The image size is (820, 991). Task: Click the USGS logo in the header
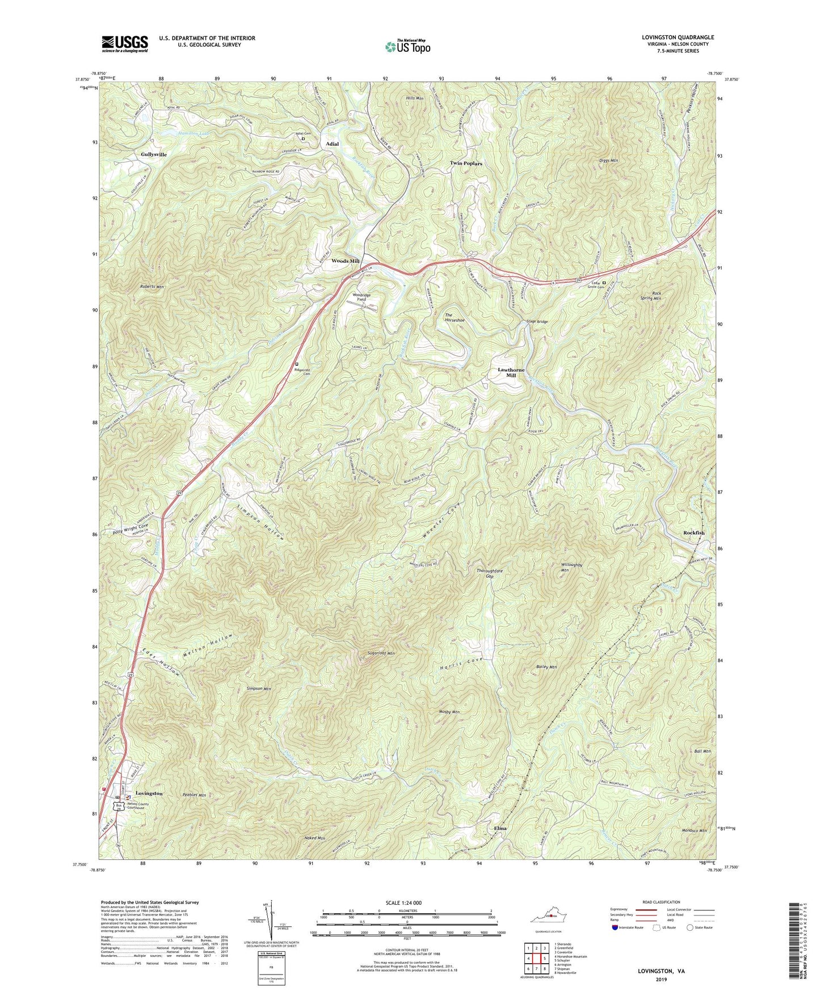click(x=125, y=43)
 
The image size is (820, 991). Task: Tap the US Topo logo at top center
click(x=407, y=47)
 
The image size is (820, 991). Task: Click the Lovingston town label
click(x=149, y=793)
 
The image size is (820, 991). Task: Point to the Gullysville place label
click(x=154, y=154)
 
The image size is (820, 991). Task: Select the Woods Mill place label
click(x=346, y=261)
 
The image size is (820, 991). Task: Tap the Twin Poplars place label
click(x=466, y=163)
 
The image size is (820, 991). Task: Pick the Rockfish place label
click(x=693, y=533)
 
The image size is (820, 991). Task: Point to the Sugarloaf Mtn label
click(x=381, y=653)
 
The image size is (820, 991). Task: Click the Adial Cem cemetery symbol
click(x=302, y=138)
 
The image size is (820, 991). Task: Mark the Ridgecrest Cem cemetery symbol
click(x=296, y=364)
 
